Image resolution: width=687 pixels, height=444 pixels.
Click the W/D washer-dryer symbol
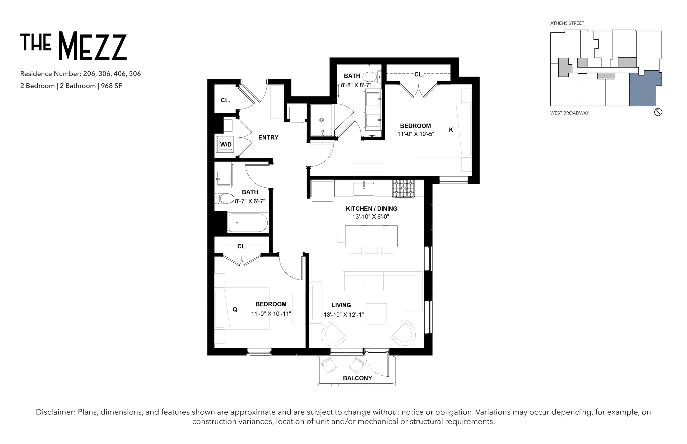(x=226, y=144)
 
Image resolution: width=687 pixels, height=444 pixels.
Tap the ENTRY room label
(x=268, y=138)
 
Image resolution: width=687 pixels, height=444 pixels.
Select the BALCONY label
(x=357, y=378)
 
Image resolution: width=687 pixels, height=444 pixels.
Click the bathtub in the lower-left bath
(x=248, y=222)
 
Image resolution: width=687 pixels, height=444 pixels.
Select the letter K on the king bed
(x=451, y=130)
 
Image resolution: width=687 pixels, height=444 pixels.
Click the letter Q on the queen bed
(x=235, y=309)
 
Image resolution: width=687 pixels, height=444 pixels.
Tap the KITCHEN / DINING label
(x=372, y=209)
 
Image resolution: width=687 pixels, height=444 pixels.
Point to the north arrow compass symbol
(x=658, y=112)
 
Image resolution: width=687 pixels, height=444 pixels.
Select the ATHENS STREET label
(x=567, y=23)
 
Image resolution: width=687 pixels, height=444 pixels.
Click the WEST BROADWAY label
(x=570, y=113)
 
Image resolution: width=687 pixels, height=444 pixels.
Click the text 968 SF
(x=112, y=86)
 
